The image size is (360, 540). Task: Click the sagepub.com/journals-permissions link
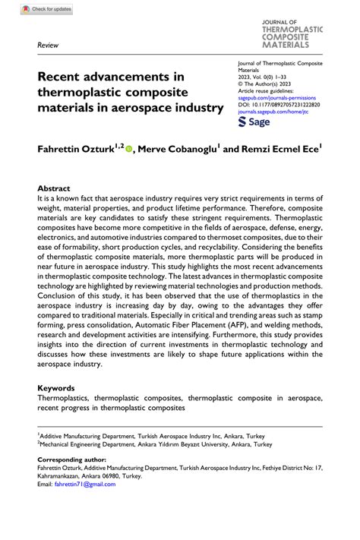tap(279, 98)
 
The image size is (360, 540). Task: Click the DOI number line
tap(279, 106)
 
